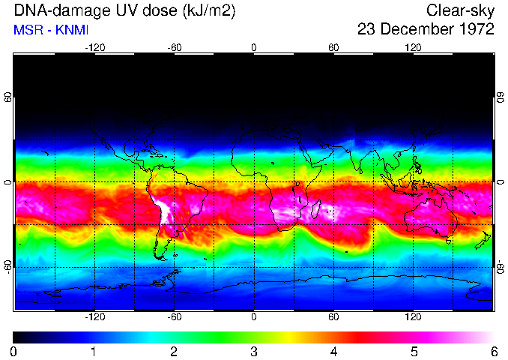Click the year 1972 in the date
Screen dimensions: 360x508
point(477,30)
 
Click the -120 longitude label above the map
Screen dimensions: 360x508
point(94,47)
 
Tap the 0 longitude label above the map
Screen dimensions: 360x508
point(254,47)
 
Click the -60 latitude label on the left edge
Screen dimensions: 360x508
point(7,267)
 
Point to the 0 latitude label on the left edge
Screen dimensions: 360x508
point(7,182)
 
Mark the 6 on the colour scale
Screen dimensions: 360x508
point(494,351)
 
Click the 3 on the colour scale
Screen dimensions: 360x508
point(253,351)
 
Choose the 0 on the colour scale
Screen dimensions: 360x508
point(13,351)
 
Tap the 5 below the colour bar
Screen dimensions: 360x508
point(414,351)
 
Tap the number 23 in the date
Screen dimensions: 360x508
point(368,30)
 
